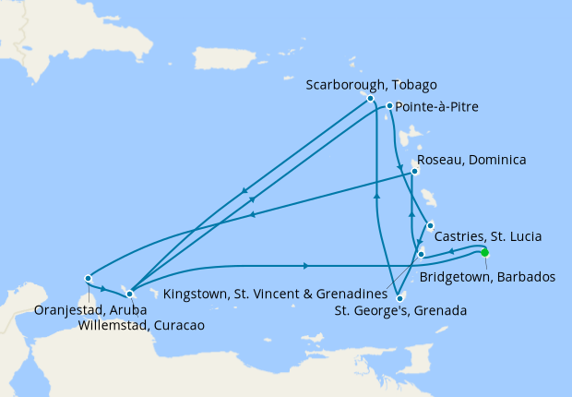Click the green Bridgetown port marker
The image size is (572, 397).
484,252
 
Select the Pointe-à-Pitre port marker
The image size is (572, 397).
390,106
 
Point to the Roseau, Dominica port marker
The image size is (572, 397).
415,171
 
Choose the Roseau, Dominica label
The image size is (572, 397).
473,160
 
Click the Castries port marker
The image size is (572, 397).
430,224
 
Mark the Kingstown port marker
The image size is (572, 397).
421,254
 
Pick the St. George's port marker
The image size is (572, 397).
398,297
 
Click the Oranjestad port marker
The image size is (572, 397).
88,278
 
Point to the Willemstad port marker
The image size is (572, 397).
129,294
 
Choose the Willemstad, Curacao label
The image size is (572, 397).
142,325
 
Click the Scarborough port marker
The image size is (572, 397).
370,98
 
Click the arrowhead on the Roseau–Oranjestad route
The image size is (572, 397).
252,216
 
